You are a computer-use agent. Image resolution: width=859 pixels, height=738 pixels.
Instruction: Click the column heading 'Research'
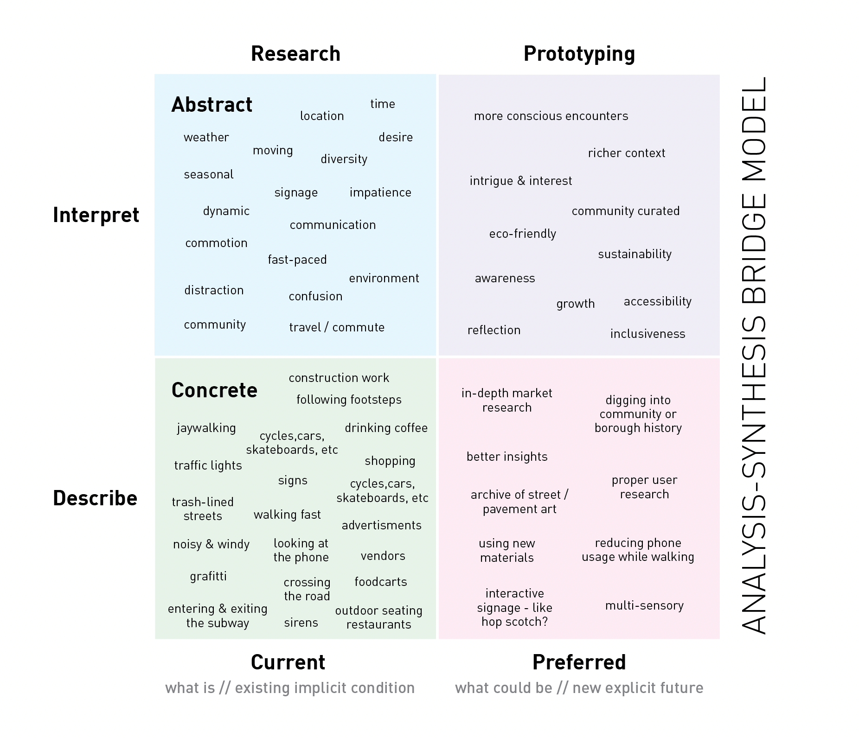(295, 54)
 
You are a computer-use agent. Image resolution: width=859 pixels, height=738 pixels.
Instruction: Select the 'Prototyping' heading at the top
(579, 54)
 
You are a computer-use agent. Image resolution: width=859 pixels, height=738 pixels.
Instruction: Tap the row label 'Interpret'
(96, 215)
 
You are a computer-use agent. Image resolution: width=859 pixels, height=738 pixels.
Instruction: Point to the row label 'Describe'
(95, 498)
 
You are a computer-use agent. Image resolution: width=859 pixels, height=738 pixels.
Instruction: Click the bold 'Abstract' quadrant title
(212, 105)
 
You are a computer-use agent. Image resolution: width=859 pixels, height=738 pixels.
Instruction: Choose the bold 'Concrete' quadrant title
(214, 390)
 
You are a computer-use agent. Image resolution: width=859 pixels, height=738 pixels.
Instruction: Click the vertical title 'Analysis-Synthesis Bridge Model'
(754, 356)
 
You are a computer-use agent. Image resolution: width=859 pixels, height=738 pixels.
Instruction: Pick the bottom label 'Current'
(288, 662)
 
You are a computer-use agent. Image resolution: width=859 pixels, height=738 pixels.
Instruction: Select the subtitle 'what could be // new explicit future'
(579, 688)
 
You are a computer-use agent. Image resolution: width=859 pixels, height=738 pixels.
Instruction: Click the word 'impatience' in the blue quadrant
(380, 192)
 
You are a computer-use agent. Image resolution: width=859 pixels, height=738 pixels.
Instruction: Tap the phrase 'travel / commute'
(337, 327)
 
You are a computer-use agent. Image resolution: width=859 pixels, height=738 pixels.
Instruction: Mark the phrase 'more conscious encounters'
(551, 116)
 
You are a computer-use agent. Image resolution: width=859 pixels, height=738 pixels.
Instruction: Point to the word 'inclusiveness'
(647, 334)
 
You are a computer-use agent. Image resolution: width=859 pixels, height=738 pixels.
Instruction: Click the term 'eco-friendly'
(523, 234)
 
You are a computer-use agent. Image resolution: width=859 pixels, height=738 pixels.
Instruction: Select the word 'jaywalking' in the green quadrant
(206, 428)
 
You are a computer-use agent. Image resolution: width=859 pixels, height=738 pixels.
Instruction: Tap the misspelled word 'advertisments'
(382, 525)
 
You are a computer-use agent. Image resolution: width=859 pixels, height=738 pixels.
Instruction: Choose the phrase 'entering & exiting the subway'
(218, 616)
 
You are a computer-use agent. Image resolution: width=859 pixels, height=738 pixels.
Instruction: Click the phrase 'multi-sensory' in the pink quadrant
(644, 605)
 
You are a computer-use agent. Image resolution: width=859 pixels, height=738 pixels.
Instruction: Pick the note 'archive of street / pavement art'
(519, 502)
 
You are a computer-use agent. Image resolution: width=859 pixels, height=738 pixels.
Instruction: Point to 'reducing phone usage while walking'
(638, 550)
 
